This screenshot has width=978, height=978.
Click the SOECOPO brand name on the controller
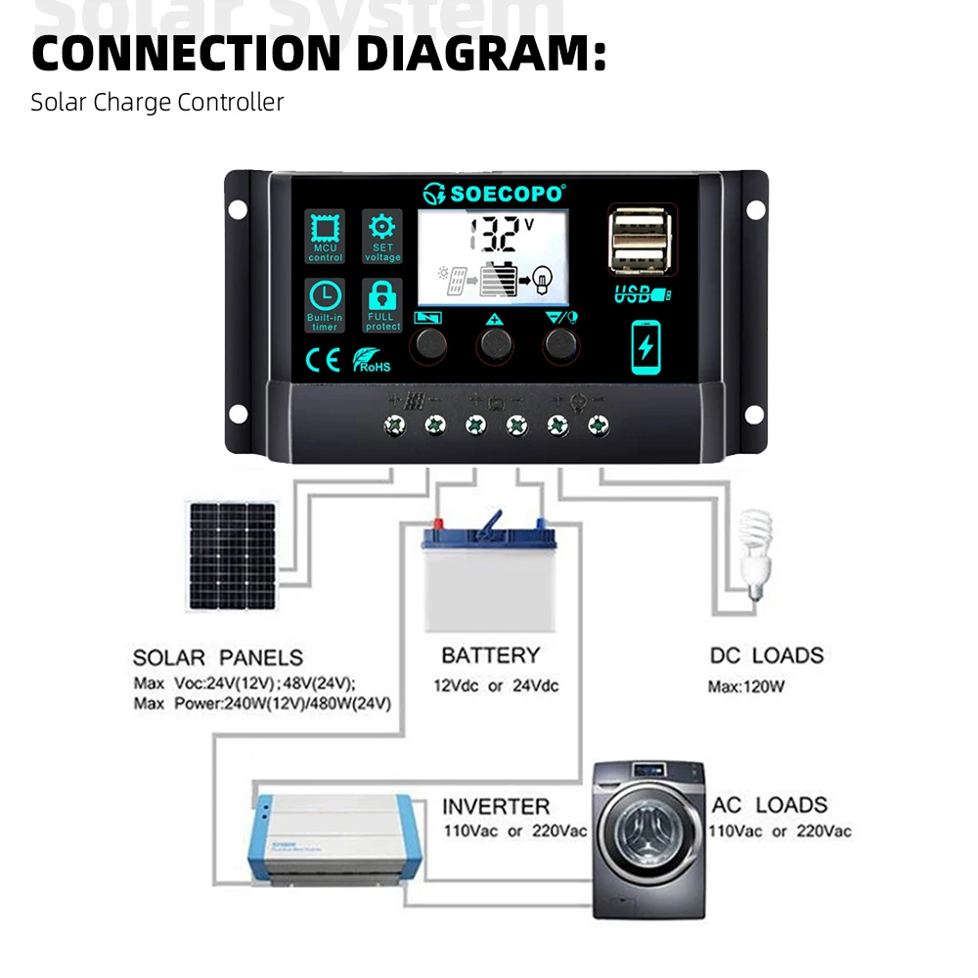pyautogui.click(x=493, y=193)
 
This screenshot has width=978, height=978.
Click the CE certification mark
pyautogui.click(x=323, y=360)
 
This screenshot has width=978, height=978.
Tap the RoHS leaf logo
pyautogui.click(x=372, y=361)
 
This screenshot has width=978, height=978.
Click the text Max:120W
pyautogui.click(x=746, y=687)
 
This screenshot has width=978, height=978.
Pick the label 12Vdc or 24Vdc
pyautogui.click(x=496, y=686)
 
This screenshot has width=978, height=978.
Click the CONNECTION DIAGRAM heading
pyautogui.click(x=319, y=54)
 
